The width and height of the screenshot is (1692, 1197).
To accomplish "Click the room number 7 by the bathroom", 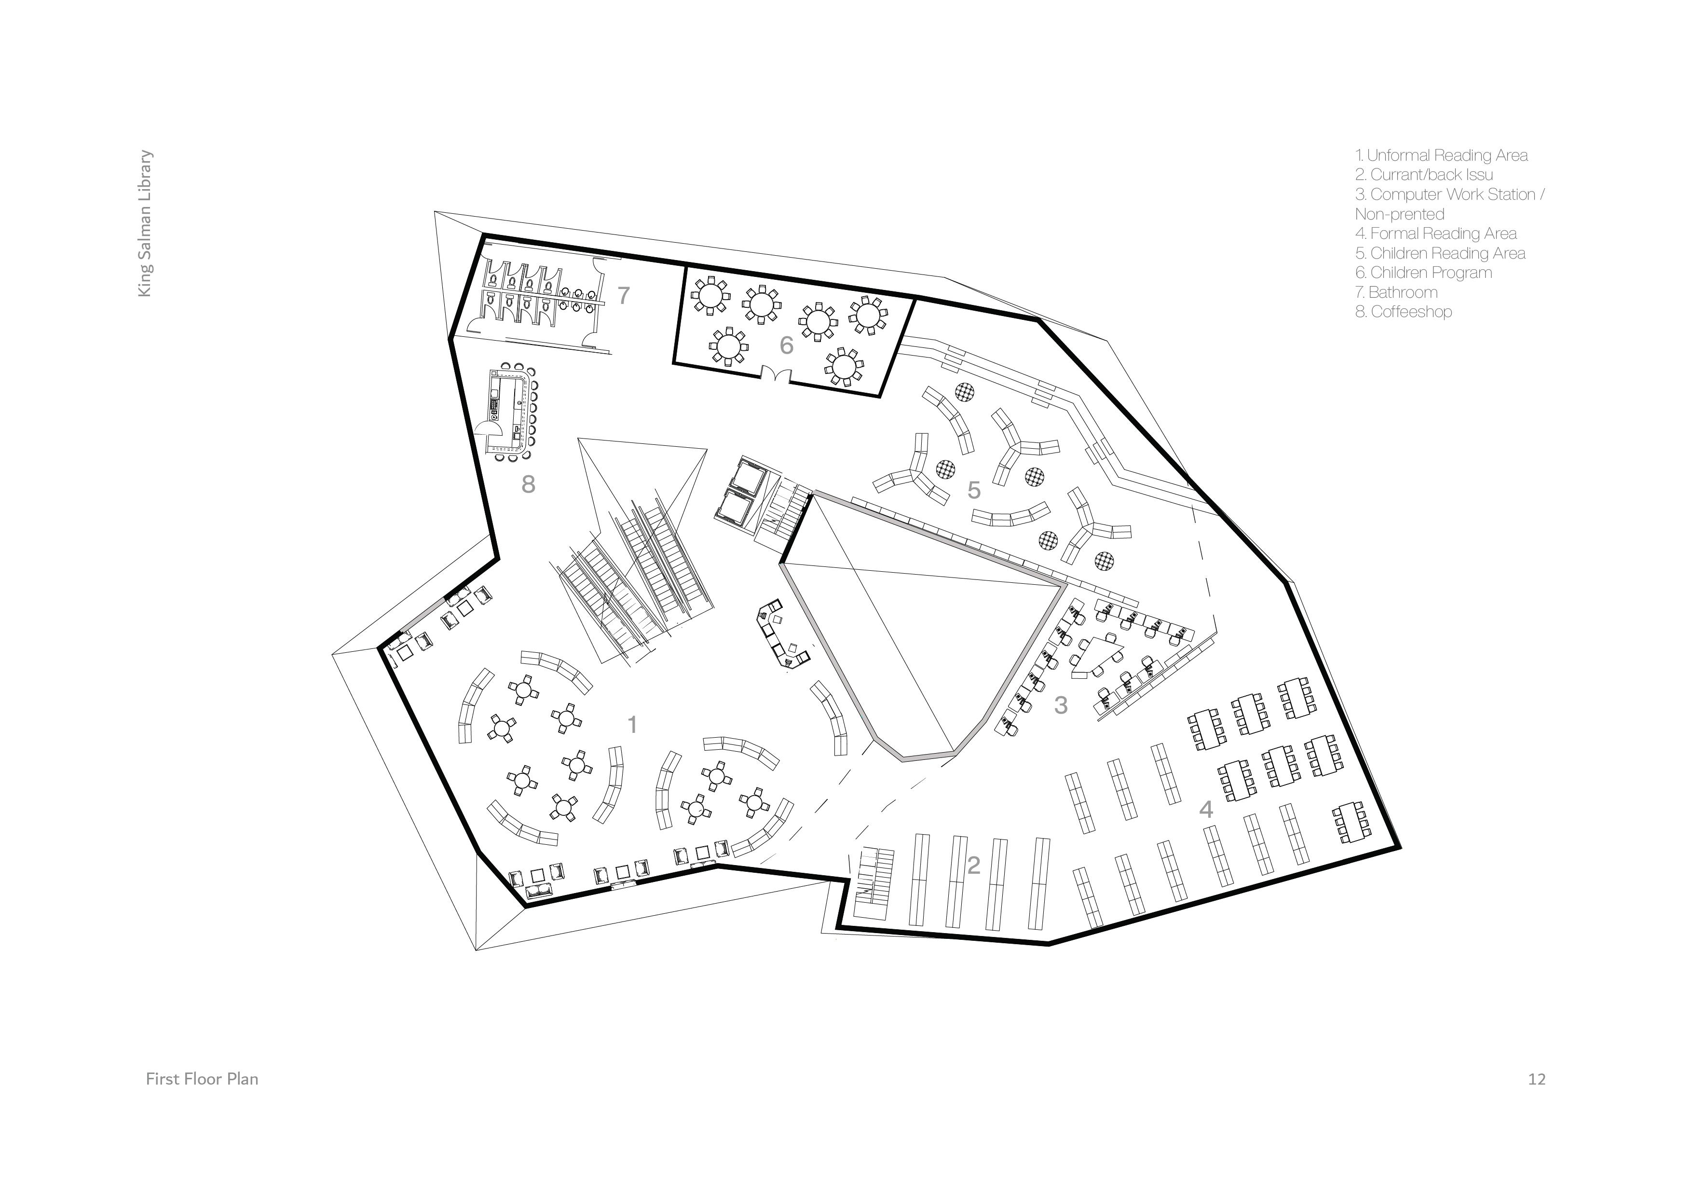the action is coord(624,296).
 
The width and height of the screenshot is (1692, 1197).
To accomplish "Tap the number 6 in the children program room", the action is coord(786,345).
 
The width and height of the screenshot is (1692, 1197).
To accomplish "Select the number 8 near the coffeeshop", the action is coord(528,484).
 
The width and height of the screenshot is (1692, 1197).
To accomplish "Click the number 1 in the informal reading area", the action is coord(631,725).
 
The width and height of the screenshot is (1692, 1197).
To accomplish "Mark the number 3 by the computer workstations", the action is coord(1061,705).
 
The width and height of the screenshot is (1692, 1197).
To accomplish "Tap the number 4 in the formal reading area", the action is coord(1206,809).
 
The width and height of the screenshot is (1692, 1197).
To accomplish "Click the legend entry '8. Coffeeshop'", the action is coord(1403,312).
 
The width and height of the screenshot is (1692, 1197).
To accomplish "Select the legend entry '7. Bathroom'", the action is coord(1396,293).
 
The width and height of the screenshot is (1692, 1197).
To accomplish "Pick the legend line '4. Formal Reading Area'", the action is coord(1435,234).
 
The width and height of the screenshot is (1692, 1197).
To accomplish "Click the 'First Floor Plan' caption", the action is coord(202,1079).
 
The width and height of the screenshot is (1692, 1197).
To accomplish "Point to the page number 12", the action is coord(1537,1079).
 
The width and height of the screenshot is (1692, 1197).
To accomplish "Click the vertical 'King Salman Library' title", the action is coord(145,224).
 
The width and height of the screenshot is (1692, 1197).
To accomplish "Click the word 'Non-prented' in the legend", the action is coord(1399,215).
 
